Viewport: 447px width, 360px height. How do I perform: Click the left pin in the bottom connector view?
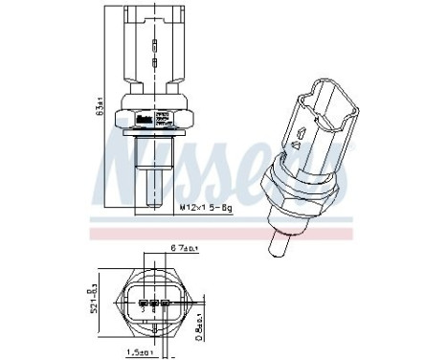coord(142,307)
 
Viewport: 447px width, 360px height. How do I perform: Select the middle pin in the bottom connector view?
coord(153,307)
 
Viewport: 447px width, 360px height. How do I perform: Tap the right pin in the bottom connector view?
coord(165,307)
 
